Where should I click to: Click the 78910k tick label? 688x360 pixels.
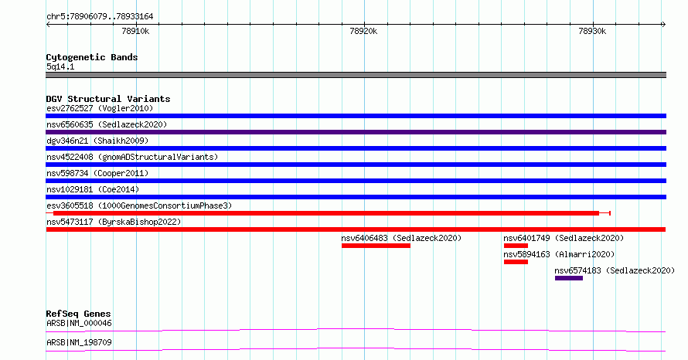click(x=135, y=31)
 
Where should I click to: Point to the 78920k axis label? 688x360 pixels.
click(x=363, y=31)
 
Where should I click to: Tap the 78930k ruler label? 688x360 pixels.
click(x=592, y=31)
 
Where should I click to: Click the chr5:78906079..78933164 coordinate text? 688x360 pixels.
click(x=100, y=17)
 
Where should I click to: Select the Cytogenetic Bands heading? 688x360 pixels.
click(x=92, y=57)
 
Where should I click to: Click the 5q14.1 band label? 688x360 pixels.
click(x=60, y=66)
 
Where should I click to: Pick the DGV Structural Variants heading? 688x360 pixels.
click(x=108, y=99)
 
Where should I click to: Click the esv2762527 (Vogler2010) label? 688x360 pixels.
click(x=100, y=108)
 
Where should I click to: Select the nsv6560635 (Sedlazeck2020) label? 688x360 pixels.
click(x=107, y=124)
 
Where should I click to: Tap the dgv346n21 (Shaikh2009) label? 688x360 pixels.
click(x=97, y=141)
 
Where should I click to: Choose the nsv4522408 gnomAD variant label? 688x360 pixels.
click(x=132, y=157)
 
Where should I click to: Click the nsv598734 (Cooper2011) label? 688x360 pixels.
click(x=97, y=173)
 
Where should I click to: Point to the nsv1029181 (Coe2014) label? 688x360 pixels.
click(x=93, y=189)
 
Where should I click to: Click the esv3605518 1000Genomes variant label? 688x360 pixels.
click(x=139, y=205)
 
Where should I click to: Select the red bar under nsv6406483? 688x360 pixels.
click(x=376, y=246)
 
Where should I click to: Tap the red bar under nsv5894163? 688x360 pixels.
click(x=516, y=262)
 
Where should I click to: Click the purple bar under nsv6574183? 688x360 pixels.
click(x=569, y=278)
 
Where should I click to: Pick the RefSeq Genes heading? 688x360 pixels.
click(x=79, y=314)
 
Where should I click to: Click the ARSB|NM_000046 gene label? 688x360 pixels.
click(x=79, y=323)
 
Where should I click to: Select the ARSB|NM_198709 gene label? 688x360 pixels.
click(x=79, y=342)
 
